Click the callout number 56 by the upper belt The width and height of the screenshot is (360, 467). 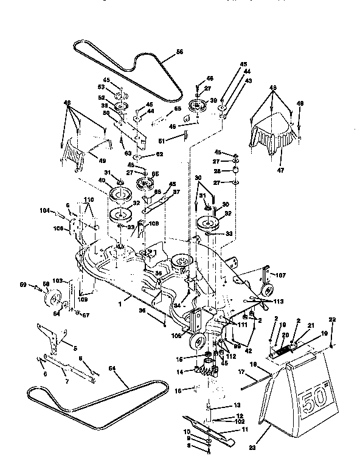pos(179,53)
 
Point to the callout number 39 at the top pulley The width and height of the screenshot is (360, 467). pos(213,100)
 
